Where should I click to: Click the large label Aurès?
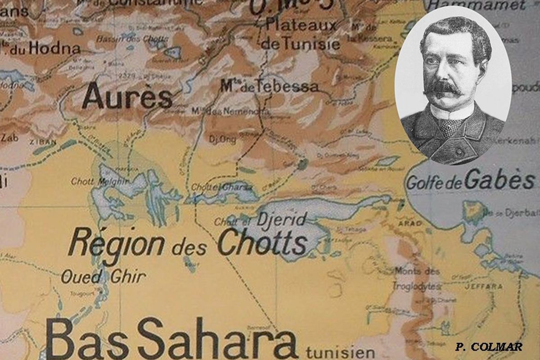tap(127, 96)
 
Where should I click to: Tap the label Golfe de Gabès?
tap(470, 181)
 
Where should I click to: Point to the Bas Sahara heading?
tap(171, 338)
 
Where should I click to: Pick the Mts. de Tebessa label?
tap(269, 86)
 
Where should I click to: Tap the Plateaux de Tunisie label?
tap(301, 34)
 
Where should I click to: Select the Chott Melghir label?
tap(94, 181)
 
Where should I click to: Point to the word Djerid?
tap(282, 219)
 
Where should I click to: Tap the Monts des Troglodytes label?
tap(416, 279)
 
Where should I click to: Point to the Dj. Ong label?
tap(222, 139)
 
